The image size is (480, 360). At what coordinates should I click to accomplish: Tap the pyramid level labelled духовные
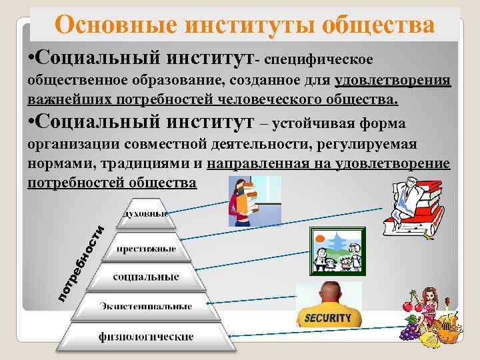tap(143, 215)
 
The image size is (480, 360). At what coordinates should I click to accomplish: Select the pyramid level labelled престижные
tap(146, 248)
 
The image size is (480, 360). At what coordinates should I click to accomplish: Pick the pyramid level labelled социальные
tap(146, 276)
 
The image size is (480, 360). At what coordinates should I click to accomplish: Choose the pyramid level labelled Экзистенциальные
tap(146, 306)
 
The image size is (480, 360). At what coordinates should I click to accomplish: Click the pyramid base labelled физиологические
tap(146, 337)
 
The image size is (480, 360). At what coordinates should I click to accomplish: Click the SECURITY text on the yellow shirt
tap(327, 318)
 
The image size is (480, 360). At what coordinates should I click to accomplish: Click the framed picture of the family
tap(337, 251)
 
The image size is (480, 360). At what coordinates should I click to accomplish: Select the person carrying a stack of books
tap(243, 201)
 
